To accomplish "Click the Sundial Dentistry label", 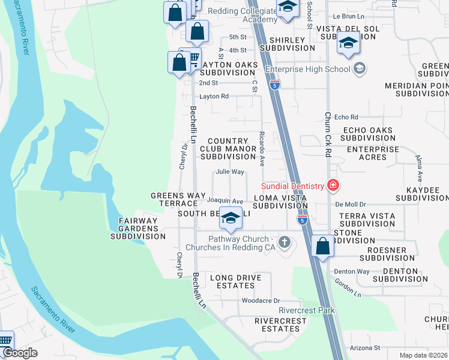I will [x=292, y=187].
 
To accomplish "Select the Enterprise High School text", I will [x=307, y=69].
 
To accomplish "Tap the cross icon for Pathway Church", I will [x=286, y=243].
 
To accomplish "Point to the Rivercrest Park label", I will [x=307, y=310].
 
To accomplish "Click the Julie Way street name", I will [x=230, y=172].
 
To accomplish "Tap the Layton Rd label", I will [x=214, y=96].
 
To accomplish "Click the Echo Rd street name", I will [x=346, y=117].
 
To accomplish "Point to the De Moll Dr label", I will [x=347, y=204].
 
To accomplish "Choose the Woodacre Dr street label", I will [x=261, y=301].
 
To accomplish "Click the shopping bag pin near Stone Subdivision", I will [x=323, y=246].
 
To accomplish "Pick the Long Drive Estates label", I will [x=235, y=282].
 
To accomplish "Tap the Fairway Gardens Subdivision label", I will [x=137, y=229].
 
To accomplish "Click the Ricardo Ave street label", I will [x=262, y=149].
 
